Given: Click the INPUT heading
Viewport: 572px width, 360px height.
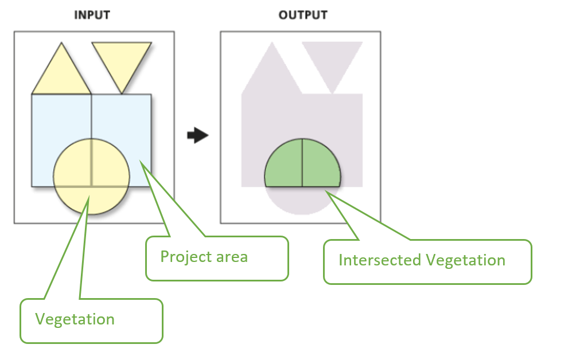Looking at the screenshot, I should point(92,15).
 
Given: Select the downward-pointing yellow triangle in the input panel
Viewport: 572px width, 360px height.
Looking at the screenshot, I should point(122,60).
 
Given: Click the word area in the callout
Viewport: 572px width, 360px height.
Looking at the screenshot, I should point(231,256).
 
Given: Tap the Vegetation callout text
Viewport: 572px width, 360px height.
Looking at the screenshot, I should point(75,319).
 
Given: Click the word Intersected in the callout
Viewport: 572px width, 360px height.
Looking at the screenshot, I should point(379,260).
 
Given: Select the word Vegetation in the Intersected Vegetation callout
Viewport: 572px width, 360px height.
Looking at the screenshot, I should point(465,260).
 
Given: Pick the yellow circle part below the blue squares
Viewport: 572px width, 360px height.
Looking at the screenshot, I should point(91,201).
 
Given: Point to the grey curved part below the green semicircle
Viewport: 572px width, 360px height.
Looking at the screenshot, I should point(302,201).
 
